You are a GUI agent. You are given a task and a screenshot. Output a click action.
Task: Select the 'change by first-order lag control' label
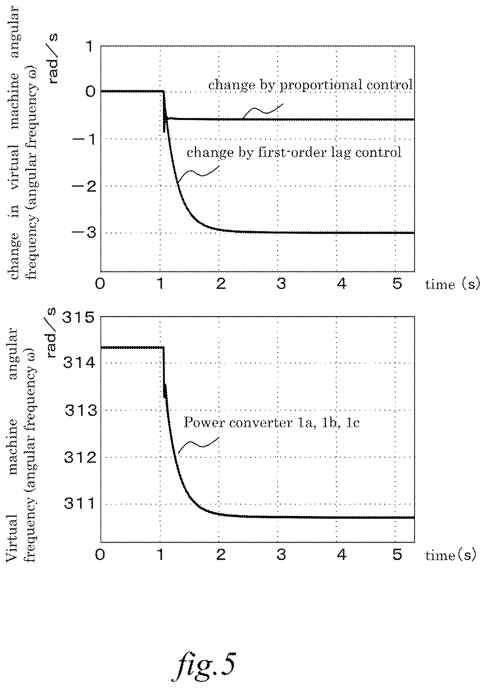pyautogui.click(x=294, y=152)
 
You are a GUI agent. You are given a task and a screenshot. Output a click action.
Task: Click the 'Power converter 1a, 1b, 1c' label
pyautogui.click(x=272, y=423)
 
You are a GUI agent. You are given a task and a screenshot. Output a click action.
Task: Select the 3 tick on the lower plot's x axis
pyautogui.click(x=281, y=555)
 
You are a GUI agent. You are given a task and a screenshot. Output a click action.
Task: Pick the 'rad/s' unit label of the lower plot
pyautogui.click(x=51, y=332)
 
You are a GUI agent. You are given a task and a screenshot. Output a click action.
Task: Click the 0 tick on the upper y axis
pyautogui.click(x=90, y=91)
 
